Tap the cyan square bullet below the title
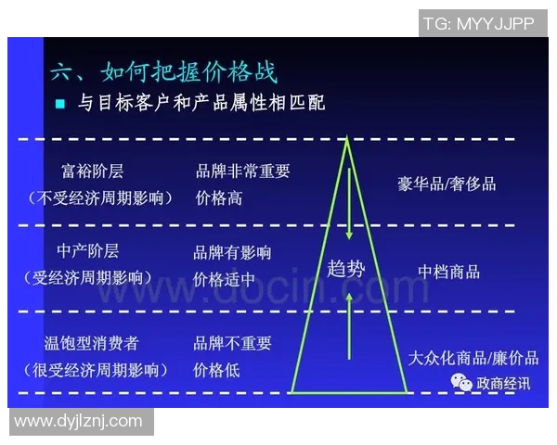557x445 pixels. [x=60, y=103]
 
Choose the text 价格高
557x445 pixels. [x=218, y=197]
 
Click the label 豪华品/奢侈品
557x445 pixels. [x=446, y=183]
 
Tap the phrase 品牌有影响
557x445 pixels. [x=233, y=252]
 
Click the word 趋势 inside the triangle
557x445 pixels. [x=347, y=270]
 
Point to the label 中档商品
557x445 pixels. [x=448, y=271]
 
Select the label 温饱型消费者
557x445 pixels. [x=92, y=343]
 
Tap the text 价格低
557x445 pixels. [x=218, y=370]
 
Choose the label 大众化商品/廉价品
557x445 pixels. [x=473, y=358]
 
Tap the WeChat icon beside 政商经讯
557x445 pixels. [x=460, y=382]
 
